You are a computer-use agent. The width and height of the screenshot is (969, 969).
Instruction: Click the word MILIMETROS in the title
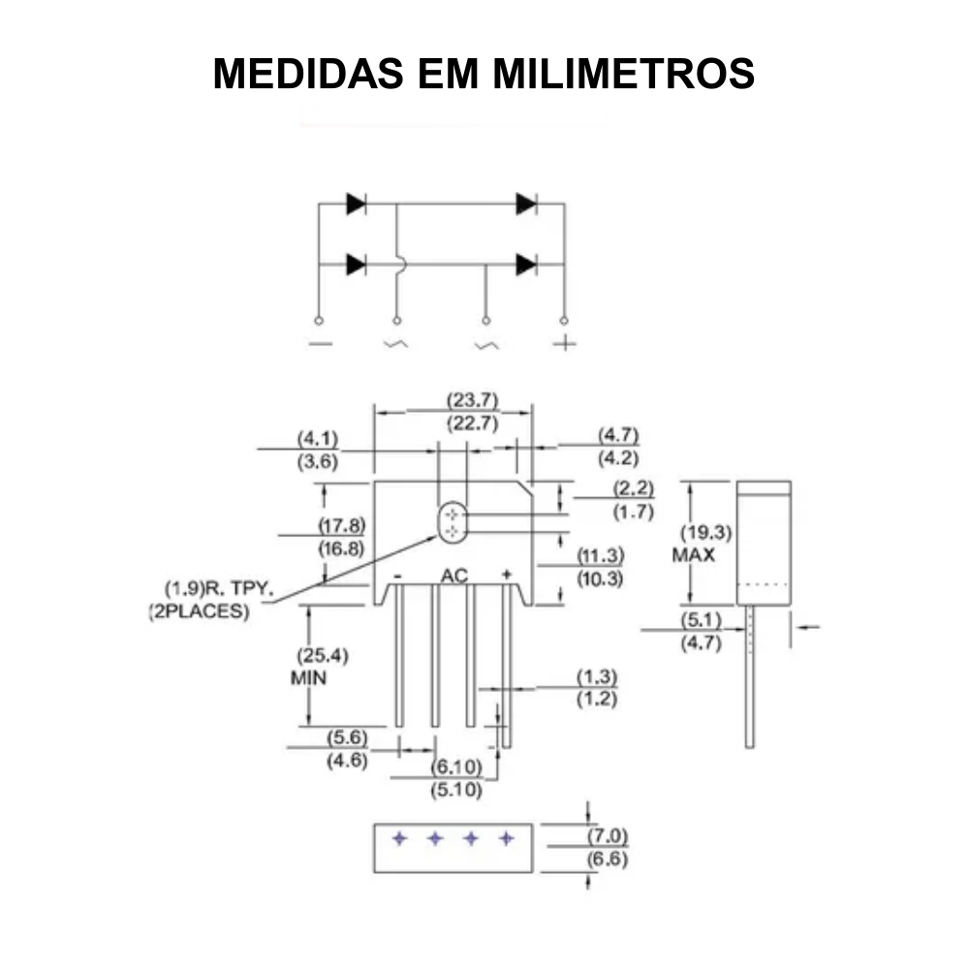623,74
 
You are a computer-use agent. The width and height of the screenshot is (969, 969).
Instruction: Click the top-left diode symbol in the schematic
356,203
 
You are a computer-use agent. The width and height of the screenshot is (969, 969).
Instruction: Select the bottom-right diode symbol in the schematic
526,264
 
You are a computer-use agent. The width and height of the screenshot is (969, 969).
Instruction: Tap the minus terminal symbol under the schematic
319,344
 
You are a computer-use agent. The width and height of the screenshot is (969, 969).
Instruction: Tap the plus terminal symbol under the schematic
563,344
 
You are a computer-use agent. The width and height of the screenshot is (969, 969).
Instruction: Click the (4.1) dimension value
318,439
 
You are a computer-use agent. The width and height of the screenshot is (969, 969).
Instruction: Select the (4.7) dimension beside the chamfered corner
618,436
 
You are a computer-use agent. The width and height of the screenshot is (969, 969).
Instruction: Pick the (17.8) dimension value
342,525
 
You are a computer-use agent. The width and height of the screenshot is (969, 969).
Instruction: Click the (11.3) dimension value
601,556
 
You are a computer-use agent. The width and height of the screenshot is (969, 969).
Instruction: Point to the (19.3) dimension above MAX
704,532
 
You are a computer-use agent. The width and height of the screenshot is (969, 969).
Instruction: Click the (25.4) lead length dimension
322,655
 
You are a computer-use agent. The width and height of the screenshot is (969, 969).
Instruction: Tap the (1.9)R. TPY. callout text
220,588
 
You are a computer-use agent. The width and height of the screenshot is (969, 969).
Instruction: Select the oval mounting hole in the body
453,523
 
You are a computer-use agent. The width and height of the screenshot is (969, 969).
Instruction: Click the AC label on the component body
453,577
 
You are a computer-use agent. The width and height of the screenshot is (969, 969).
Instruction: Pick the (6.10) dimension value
456,766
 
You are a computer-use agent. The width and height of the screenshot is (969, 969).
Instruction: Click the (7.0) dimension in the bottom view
608,835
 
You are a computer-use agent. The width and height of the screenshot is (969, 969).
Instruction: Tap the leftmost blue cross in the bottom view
398,838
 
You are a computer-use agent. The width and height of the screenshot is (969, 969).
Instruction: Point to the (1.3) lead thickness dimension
597,676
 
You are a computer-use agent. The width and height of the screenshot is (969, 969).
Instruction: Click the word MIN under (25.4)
309,678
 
